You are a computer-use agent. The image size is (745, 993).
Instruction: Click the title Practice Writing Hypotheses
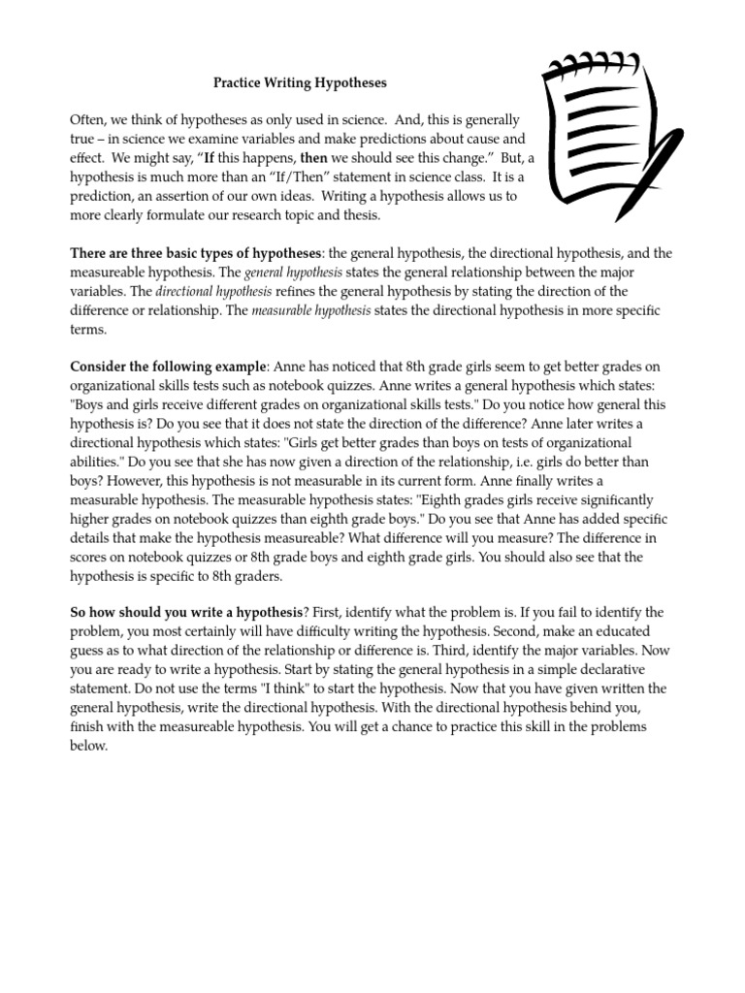tap(300, 85)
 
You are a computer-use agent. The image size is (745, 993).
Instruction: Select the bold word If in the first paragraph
tap(208, 158)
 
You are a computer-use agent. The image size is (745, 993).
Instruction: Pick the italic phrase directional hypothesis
tap(212, 291)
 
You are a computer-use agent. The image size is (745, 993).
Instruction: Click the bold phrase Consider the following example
tap(170, 367)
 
